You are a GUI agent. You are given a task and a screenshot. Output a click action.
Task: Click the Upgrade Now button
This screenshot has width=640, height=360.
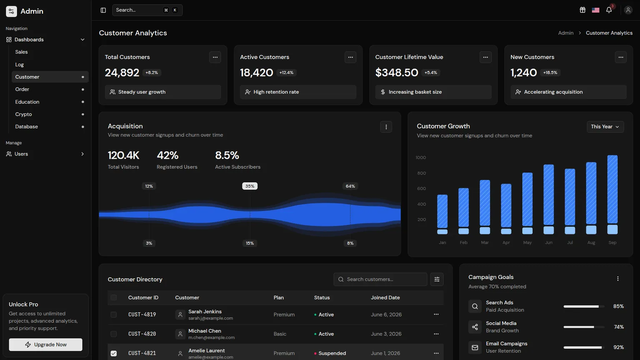pyautogui.click(x=45, y=345)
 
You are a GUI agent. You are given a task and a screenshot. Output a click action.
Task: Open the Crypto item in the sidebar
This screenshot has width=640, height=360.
pyautogui.click(x=23, y=114)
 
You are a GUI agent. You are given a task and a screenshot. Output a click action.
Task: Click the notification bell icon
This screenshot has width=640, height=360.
pyautogui.click(x=609, y=10)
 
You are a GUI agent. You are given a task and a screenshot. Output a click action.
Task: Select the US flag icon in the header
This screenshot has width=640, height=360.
pyautogui.click(x=595, y=10)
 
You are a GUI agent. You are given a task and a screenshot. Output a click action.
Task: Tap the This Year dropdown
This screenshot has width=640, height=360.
pyautogui.click(x=605, y=127)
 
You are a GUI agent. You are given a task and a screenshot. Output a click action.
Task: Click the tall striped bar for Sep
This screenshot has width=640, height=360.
pyautogui.click(x=612, y=189)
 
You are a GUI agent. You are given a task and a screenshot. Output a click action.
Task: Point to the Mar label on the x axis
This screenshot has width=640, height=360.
pyautogui.click(x=485, y=242)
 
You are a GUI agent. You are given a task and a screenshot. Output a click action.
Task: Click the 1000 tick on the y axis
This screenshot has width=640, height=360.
pyautogui.click(x=420, y=157)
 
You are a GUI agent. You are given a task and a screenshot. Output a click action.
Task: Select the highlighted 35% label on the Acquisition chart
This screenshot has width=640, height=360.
pyautogui.click(x=250, y=186)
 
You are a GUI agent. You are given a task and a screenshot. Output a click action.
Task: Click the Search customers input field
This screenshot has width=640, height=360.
pyautogui.click(x=380, y=280)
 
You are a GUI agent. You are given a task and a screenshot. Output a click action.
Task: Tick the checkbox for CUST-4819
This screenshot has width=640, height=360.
pyautogui.click(x=114, y=315)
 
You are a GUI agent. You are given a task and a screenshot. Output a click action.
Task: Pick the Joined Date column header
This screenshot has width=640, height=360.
pyautogui.click(x=385, y=298)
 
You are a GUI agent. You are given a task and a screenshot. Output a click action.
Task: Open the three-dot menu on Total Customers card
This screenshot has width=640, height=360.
pyautogui.click(x=215, y=57)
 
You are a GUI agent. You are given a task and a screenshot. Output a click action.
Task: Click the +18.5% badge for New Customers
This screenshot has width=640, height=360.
pyautogui.click(x=550, y=72)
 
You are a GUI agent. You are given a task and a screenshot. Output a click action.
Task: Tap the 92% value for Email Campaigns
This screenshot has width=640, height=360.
pyautogui.click(x=618, y=347)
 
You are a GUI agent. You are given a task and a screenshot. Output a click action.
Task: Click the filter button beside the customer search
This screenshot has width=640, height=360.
pyautogui.click(x=437, y=280)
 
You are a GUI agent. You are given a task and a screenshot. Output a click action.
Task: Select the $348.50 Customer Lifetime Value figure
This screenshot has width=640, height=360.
pyautogui.click(x=397, y=72)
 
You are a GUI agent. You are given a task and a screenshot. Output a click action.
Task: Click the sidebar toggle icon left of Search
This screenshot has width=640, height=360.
pyautogui.click(x=103, y=10)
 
